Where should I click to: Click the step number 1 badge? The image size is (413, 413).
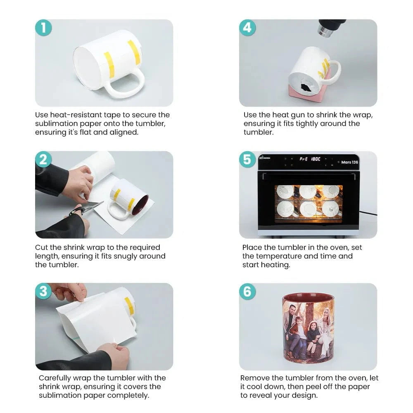point(43,28)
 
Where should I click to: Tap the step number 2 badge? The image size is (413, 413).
point(43,159)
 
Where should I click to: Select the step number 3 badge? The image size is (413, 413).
point(43,291)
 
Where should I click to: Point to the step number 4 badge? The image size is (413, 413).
point(247,28)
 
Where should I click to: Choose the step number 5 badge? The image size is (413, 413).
point(247,159)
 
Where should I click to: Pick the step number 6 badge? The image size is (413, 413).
point(247,291)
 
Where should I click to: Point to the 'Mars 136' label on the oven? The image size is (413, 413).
point(349,162)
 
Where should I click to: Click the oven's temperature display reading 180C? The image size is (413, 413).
point(316,159)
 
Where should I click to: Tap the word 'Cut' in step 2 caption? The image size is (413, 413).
point(41,247)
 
